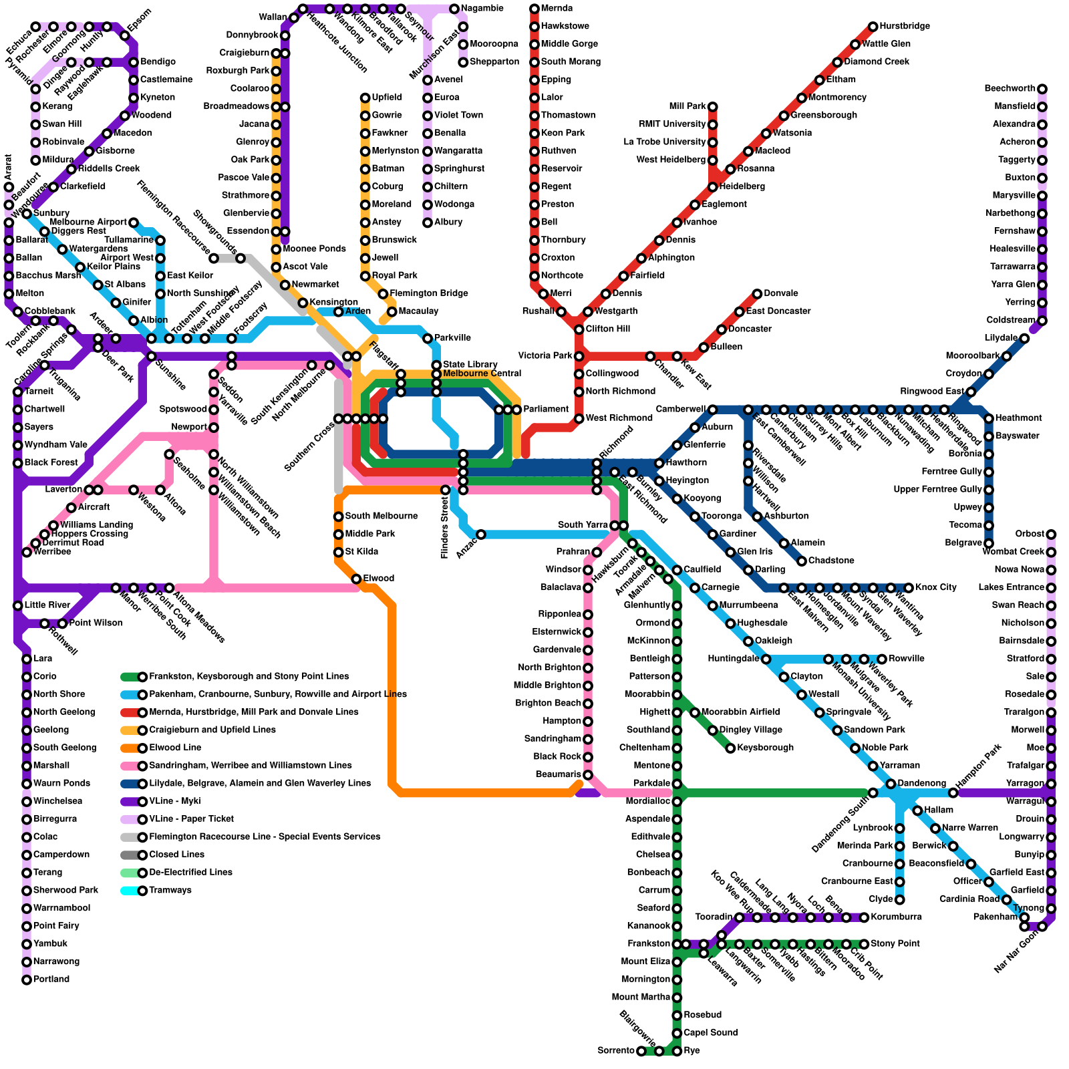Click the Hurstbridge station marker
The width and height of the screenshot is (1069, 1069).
coord(873,27)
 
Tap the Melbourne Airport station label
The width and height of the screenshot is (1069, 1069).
coord(88,222)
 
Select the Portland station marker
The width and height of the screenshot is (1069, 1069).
coord(27,980)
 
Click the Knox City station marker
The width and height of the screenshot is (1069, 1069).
coord(909,588)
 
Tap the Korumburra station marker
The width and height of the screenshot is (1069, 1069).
coord(865,917)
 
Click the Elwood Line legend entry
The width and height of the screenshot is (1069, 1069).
coord(175,748)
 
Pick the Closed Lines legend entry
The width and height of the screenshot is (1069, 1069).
coord(176,855)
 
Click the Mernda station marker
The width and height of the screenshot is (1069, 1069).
coord(534,9)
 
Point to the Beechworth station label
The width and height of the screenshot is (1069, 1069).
coord(1010,89)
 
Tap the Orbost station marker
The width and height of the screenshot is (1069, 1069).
coord(1051,534)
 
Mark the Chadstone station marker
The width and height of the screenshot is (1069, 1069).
coord(802,561)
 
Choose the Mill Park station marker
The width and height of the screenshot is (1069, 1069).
coord(713,107)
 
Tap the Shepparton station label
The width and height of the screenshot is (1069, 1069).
coord(494,62)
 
